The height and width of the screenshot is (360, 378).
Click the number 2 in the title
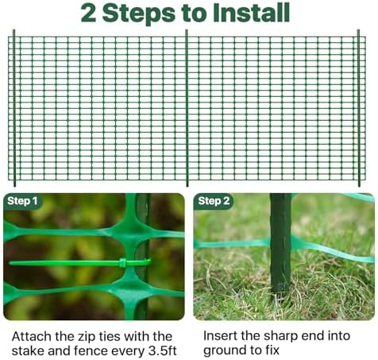pyautogui.click(x=88, y=13)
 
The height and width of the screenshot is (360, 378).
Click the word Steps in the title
pyautogui.click(x=139, y=14)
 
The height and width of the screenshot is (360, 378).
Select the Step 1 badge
pyautogui.click(x=22, y=201)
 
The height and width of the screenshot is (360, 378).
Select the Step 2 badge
pyautogui.click(x=214, y=201)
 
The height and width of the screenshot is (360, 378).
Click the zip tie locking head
pyautogui.click(x=122, y=262)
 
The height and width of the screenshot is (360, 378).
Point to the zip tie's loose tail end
pyautogui.click(x=10, y=263)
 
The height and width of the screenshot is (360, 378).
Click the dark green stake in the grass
pyautogui.click(x=280, y=243)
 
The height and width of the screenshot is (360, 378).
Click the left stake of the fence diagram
pyautogui.click(x=14, y=107)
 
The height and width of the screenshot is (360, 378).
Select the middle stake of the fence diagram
pyautogui.click(x=187, y=107)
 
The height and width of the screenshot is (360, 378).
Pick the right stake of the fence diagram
pyautogui.click(x=359, y=107)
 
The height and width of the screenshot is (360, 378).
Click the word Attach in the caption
pyautogui.click(x=32, y=337)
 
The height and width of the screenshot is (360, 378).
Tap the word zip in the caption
pyautogui.click(x=87, y=338)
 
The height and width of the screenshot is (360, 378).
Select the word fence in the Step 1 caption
pyautogui.click(x=91, y=351)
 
